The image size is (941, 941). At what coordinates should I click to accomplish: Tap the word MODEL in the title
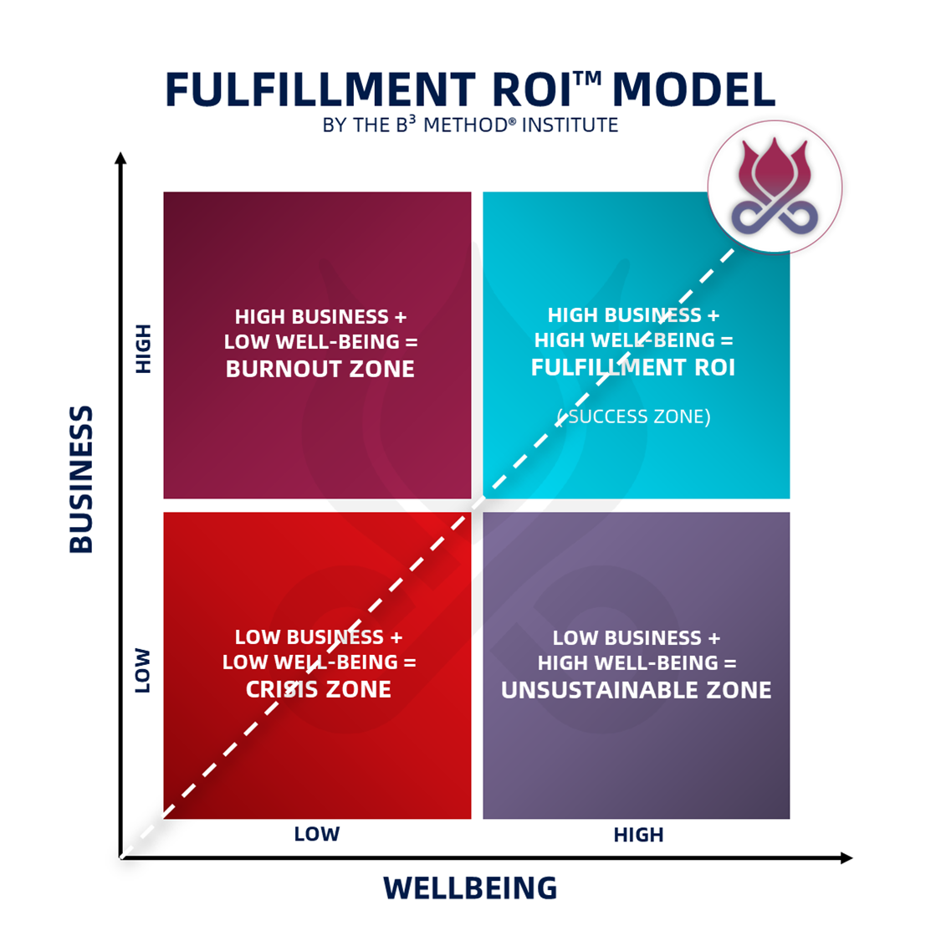point(693,90)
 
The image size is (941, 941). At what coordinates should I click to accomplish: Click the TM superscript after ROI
point(588,78)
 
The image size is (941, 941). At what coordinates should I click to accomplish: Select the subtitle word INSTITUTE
point(570,125)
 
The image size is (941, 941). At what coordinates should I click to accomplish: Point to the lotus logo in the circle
point(775,187)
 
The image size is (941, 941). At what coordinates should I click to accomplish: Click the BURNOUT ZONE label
point(320,369)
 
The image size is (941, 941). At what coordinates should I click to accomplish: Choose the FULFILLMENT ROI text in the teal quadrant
point(633,367)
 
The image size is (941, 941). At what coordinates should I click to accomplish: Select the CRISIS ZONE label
point(319,689)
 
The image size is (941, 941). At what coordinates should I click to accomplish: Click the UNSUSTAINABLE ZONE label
point(636,690)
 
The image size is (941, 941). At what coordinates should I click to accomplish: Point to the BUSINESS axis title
point(81,479)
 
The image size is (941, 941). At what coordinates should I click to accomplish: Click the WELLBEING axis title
point(470,888)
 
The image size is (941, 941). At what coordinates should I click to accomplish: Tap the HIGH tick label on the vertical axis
point(144,348)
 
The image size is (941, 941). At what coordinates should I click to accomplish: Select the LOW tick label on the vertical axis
point(143,670)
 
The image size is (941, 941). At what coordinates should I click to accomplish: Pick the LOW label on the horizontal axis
point(316,834)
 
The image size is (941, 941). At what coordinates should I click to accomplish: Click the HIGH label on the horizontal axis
point(638,835)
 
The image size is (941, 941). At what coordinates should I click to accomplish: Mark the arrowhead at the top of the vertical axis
point(120,158)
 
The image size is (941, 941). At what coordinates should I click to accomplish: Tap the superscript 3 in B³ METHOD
point(412,119)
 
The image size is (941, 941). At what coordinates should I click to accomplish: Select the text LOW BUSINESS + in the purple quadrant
point(636,638)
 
